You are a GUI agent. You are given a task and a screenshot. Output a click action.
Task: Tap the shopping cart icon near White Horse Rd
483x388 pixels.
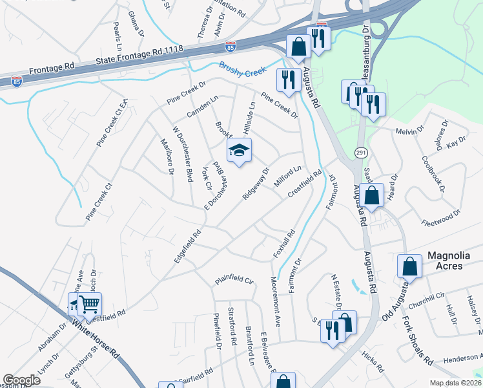pos(91,303)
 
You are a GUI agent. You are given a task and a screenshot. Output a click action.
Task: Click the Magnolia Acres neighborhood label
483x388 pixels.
pos(453,257)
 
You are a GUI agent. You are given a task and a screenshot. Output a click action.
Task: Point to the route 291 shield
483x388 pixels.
pos(361,152)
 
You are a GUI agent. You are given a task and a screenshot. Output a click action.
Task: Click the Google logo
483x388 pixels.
pos(21,380)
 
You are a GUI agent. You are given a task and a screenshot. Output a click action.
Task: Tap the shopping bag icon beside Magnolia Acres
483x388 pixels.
pos(410,265)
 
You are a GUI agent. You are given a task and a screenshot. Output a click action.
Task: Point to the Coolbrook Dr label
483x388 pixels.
pos(433,173)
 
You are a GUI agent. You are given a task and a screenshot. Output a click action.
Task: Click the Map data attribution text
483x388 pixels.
pos(455,382)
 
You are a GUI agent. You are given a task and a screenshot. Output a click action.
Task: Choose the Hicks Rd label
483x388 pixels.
pos(373,362)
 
